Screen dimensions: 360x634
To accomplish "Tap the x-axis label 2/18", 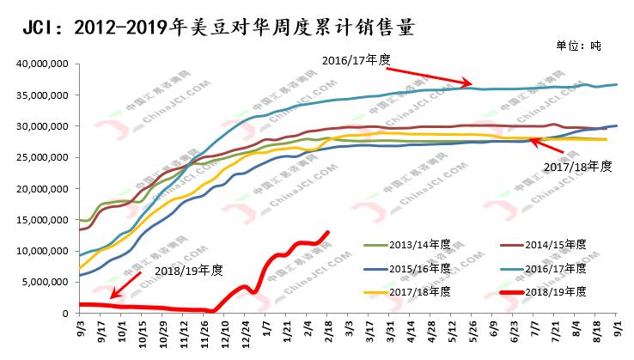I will click(x=326, y=332).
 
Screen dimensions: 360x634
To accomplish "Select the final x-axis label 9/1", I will click(x=617, y=330).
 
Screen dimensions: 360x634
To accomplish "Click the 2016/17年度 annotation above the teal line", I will click(x=357, y=60).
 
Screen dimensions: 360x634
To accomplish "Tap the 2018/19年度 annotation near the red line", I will click(x=187, y=271).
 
